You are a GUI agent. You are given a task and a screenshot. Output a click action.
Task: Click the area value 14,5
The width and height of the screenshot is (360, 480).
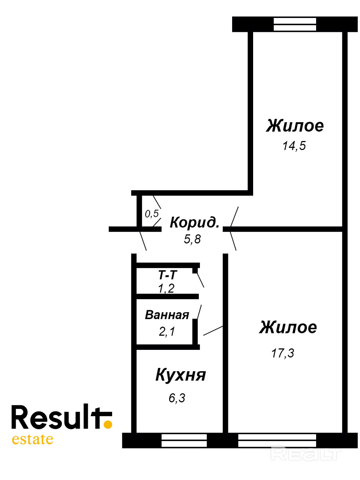[x=294, y=145]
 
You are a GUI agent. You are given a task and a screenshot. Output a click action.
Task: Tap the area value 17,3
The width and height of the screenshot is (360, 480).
[x=283, y=353]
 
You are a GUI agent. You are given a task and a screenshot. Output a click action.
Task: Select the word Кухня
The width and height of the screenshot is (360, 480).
[x=181, y=375]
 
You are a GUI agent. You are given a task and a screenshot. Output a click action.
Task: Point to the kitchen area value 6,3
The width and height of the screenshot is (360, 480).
[x=177, y=398]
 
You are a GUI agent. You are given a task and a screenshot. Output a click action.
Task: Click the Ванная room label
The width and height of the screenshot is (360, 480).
[x=167, y=315]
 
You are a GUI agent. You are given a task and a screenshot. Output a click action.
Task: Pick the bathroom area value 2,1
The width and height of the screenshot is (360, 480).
[x=167, y=331]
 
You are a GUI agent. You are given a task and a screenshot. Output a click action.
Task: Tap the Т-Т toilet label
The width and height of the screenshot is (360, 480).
[x=167, y=275]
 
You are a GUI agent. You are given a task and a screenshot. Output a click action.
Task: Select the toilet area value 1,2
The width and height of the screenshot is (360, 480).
[x=166, y=288]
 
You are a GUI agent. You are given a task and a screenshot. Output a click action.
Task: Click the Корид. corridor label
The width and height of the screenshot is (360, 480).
[x=194, y=222]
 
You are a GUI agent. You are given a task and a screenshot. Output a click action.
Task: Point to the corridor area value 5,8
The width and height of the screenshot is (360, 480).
[x=192, y=239]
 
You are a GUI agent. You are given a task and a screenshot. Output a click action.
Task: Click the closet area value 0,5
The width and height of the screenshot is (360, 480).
[x=152, y=214]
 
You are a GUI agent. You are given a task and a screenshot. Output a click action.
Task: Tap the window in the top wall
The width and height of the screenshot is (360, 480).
[x=295, y=24]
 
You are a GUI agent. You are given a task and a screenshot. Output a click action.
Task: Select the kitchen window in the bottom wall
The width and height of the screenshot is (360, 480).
[x=184, y=440]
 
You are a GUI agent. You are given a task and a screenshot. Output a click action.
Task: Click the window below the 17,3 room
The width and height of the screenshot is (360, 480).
[x=277, y=440]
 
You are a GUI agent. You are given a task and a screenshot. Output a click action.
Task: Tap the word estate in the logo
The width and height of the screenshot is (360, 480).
[x=33, y=439]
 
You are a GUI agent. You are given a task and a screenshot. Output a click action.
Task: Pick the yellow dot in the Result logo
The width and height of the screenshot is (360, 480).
[x=108, y=424]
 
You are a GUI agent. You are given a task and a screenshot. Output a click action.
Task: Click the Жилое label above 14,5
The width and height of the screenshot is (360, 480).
[x=295, y=126]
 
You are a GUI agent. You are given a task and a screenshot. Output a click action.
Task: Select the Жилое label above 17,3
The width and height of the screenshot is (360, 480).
[x=288, y=327]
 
